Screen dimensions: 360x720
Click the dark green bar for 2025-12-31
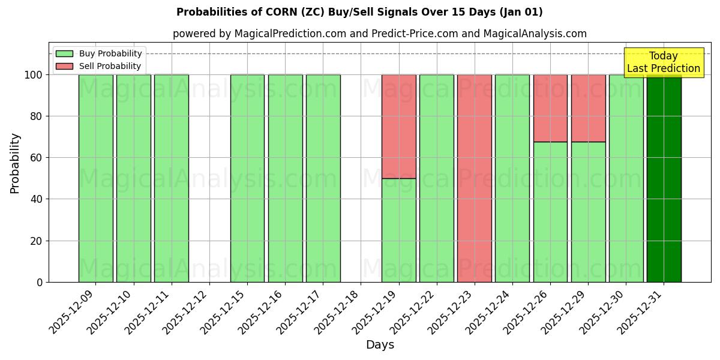[x=664, y=180]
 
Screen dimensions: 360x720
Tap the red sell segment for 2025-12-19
[x=399, y=126]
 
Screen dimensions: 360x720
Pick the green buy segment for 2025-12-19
[x=399, y=230]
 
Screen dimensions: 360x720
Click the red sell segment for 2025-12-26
[x=550, y=108]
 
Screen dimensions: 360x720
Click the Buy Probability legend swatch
[x=64, y=53]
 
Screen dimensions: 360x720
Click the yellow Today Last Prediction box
[x=664, y=62]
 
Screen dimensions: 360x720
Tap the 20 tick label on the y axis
[x=37, y=241]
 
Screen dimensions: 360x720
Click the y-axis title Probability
[x=15, y=163]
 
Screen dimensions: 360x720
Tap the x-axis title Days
[x=380, y=345]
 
